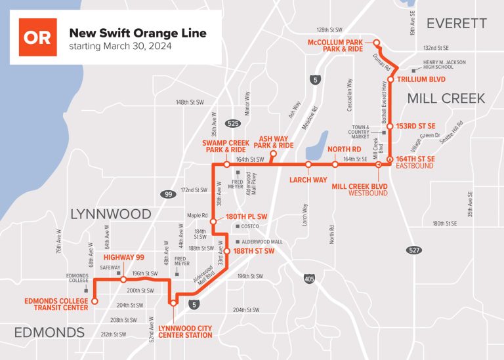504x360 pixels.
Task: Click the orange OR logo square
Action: (37, 37)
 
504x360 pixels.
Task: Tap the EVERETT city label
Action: (457, 24)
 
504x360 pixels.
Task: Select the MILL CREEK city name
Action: (446, 98)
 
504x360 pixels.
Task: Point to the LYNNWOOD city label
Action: (110, 214)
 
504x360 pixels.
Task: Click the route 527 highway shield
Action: (413, 250)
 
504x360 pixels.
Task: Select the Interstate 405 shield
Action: (309, 278)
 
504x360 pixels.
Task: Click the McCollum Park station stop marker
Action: (377, 43)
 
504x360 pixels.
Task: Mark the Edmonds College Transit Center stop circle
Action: (94, 302)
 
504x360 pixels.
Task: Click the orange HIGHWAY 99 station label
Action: (123, 257)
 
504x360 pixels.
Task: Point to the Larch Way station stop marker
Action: (308, 165)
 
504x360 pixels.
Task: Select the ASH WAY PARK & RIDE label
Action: (276, 141)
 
